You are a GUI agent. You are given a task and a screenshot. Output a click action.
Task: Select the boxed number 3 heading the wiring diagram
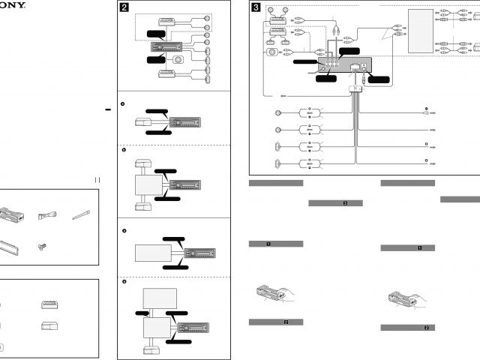pos(256,9)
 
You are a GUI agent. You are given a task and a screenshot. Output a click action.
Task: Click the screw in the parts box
pos(42,245)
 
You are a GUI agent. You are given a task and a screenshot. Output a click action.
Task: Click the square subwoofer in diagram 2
pos(178,59)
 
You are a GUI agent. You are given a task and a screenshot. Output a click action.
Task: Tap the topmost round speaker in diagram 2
pos(206,17)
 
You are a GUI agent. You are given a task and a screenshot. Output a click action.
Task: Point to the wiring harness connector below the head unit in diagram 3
pos(354,90)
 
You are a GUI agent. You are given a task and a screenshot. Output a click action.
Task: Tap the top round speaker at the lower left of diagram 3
pos(278,113)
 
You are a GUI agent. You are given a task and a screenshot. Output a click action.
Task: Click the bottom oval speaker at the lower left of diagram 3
pos(278,162)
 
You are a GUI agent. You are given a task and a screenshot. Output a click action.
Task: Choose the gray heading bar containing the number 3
pos(335,202)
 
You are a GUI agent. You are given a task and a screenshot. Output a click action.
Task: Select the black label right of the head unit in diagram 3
pos(379,78)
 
